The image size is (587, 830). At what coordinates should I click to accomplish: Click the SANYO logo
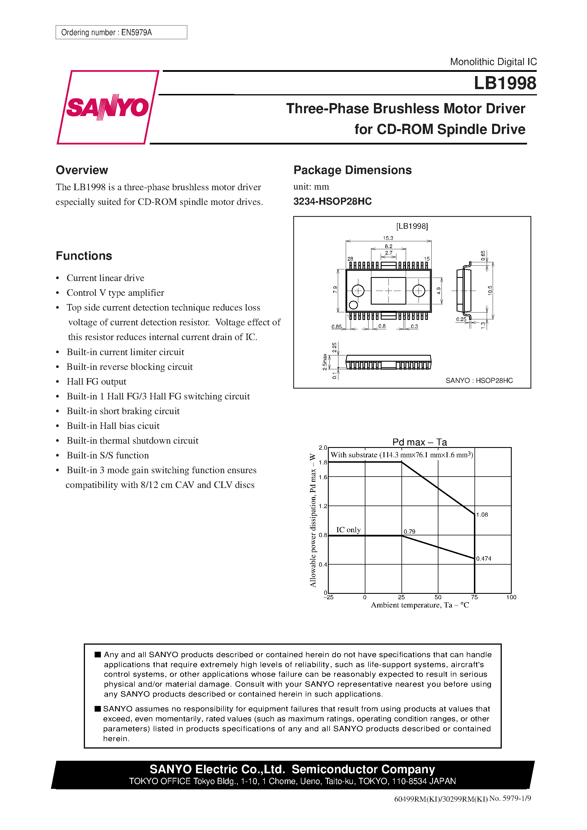pos(107,107)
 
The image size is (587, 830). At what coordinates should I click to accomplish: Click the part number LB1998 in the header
pos(505,83)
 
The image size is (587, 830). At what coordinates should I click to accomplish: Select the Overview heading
pos(82,170)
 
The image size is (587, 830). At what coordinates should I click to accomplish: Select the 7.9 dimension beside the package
pos(335,290)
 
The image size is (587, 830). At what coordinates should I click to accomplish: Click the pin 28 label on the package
pos(350,259)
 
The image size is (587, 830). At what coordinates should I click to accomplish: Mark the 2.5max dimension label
pos(325,362)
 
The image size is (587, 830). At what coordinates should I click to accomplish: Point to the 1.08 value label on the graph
pos(482,514)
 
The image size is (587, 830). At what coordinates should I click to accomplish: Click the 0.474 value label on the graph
pos(484,559)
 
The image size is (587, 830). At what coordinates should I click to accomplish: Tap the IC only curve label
pos(348,530)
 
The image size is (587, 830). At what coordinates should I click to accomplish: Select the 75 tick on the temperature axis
pos(474,597)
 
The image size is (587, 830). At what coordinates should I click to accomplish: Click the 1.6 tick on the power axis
pos(323,477)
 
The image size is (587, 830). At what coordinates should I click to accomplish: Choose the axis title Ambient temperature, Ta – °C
pos(419,605)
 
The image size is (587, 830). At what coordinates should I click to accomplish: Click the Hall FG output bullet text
pos(96,382)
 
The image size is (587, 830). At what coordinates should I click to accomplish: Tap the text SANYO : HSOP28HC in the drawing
pos(479,380)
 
